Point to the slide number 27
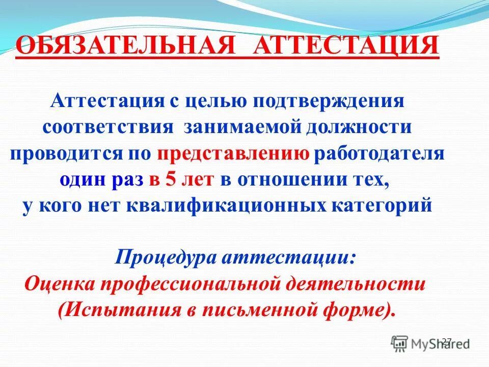point(447,342)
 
